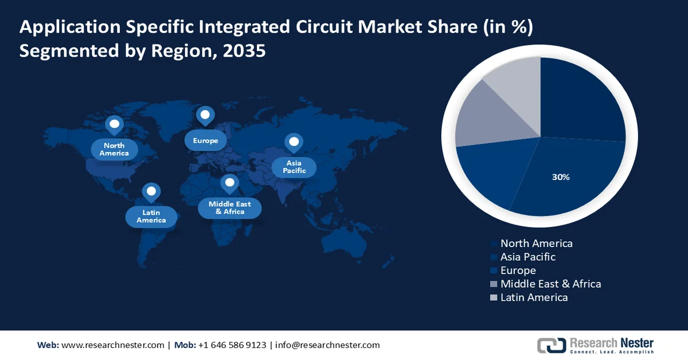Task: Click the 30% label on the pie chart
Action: pos(561,178)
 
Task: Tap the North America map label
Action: pos(114,150)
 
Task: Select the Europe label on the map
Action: pos(205,140)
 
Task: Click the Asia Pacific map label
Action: pos(294,167)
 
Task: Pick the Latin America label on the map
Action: pos(151,217)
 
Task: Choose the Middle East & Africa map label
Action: pos(229,208)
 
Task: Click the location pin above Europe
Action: pos(205,116)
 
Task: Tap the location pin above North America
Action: pos(114,124)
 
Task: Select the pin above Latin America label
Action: pos(151,191)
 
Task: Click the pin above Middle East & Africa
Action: pos(229,183)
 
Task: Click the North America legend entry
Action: pos(536,244)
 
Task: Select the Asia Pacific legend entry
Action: pos(527,257)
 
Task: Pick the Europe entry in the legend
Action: pos(518,271)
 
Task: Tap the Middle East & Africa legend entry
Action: pos(550,284)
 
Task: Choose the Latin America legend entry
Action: pos(534,298)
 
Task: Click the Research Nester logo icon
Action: pos(551,345)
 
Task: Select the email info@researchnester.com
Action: pos(327,345)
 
